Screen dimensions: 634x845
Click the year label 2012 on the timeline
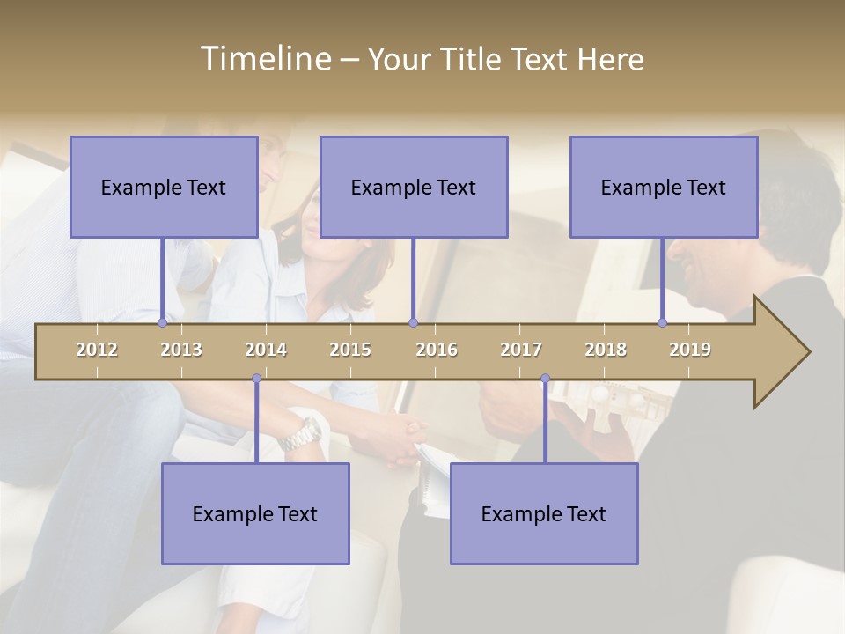coord(97,350)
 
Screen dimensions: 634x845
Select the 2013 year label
coord(181,350)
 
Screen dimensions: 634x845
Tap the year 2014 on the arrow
coord(266,350)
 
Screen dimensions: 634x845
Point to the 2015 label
coord(350,350)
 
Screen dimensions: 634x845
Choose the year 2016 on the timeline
coord(437,350)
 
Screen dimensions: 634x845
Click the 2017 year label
coord(521,350)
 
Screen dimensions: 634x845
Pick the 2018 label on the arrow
coord(606,350)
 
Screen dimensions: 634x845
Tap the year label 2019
coord(690,350)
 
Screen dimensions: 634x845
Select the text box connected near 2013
coord(164,187)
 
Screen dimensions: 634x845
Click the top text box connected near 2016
coord(414,187)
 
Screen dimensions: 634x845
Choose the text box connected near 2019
coord(664,187)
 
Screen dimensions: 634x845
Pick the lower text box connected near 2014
coord(255,513)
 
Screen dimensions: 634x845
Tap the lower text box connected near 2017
coord(544,513)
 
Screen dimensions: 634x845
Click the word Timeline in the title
coord(264,59)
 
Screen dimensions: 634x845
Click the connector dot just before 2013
coord(162,323)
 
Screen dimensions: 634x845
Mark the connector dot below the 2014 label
coord(256,379)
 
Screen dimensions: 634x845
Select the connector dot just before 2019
coord(662,323)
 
